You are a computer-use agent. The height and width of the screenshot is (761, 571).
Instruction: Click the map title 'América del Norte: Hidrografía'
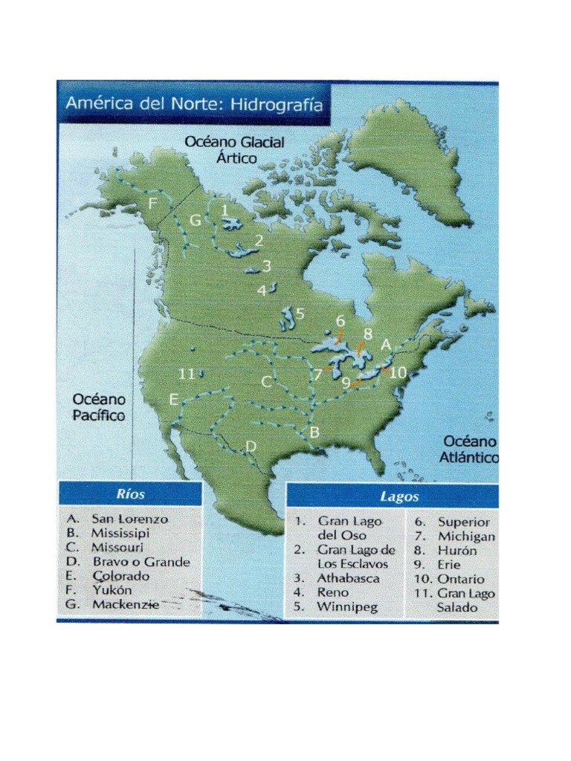(x=194, y=105)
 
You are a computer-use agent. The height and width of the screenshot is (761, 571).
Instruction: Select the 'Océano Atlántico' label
(x=468, y=449)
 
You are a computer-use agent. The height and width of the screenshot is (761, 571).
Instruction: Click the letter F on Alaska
(x=152, y=204)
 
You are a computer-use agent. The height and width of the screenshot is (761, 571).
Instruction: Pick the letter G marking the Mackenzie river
(x=195, y=221)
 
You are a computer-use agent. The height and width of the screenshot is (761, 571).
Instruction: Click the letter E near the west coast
(x=173, y=400)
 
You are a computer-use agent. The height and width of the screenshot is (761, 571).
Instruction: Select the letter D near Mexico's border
(x=251, y=446)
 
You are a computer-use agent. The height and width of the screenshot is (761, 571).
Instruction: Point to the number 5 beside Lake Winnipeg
(x=300, y=314)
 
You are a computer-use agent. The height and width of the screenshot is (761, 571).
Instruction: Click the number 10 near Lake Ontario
(x=399, y=373)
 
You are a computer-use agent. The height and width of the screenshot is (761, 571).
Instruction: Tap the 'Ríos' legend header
(x=130, y=494)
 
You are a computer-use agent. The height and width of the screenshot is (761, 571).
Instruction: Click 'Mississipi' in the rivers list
(x=120, y=533)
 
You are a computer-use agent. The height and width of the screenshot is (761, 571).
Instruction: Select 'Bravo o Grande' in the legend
(x=141, y=562)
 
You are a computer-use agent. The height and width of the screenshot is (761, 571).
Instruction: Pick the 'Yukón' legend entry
(x=112, y=590)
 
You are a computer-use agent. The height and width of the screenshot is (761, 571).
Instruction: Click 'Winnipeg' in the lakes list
(x=347, y=606)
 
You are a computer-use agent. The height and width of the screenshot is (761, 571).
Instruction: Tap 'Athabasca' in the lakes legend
(x=349, y=578)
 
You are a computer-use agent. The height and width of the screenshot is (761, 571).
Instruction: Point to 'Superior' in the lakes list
(x=463, y=522)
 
